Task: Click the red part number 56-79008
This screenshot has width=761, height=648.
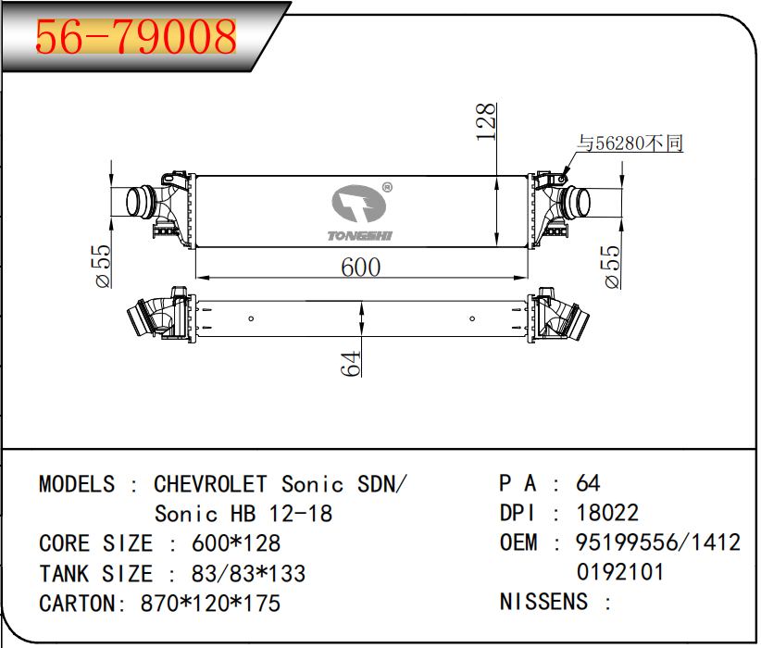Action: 136,36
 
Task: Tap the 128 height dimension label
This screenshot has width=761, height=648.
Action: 486,122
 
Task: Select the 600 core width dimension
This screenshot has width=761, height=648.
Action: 361,267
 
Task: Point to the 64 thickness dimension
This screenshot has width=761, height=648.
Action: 350,364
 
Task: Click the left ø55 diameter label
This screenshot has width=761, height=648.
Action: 104,266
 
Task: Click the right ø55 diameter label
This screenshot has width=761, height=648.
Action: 613,267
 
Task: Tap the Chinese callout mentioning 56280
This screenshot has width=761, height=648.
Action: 630,143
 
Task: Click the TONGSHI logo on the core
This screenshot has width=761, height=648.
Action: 359,213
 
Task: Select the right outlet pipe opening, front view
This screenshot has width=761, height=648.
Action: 582,201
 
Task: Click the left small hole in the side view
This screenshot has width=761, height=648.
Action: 251,318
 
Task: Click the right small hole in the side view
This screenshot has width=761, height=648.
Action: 472,318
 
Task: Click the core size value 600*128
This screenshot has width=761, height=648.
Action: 236,543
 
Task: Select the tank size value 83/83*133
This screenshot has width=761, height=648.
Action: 248,573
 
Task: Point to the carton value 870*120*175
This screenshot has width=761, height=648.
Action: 210,604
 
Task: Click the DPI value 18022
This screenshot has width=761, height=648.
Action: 607,513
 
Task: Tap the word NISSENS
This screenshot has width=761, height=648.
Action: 543,602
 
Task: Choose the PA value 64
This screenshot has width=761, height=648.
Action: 588,483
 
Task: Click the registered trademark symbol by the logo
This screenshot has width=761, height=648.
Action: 387,187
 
